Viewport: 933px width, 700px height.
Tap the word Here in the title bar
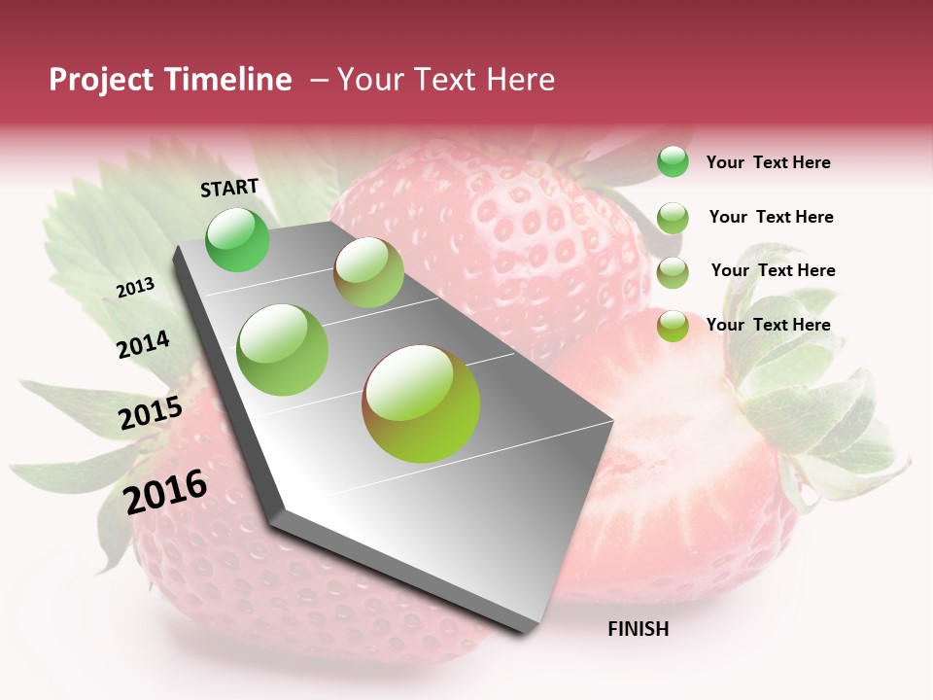click(x=519, y=80)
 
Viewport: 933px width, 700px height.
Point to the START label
click(x=229, y=188)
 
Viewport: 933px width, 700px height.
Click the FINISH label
click(x=638, y=629)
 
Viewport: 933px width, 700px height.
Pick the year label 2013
click(x=136, y=287)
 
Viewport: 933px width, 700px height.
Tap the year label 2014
click(x=143, y=344)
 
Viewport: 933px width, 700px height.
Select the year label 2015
click(x=151, y=413)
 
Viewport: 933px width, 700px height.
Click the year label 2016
click(x=165, y=491)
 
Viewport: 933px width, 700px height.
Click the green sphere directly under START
click(x=238, y=239)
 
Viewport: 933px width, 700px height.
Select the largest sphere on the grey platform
click(x=421, y=403)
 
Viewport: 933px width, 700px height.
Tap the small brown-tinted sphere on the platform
click(x=368, y=272)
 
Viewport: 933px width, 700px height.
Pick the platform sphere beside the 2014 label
click(x=283, y=350)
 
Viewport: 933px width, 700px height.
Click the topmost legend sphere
click(x=673, y=161)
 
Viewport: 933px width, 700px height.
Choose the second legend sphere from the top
click(x=673, y=218)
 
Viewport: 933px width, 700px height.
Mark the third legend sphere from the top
click(x=673, y=272)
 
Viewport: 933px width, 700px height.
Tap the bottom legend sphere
click(x=673, y=326)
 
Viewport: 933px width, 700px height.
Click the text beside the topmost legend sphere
click(x=768, y=162)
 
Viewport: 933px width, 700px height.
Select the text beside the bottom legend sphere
click(x=768, y=325)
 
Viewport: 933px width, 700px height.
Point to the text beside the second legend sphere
click(x=771, y=217)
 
